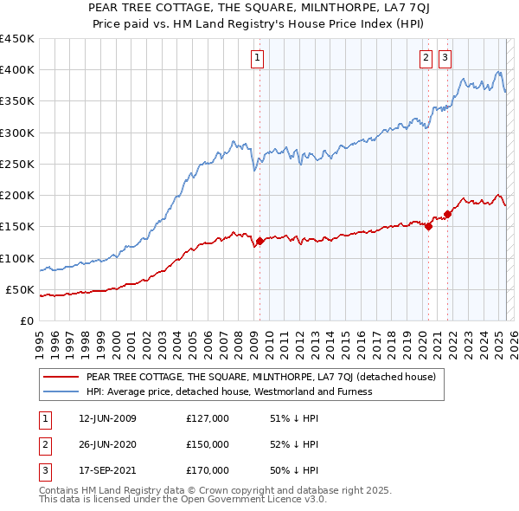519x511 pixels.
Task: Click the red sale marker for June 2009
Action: [259, 242]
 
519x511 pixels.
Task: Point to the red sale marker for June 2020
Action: [428, 227]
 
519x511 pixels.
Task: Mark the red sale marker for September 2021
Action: [447, 214]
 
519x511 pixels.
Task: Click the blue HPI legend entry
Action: [229, 391]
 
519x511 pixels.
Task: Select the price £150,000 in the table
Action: [208, 444]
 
